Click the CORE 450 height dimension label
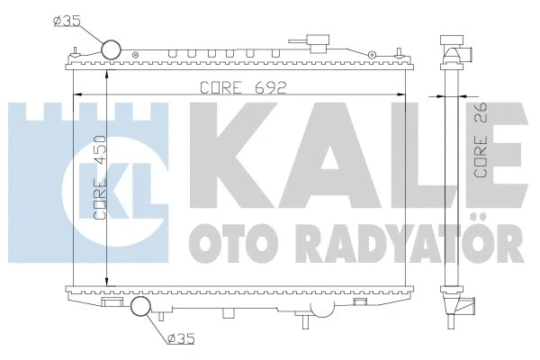(98, 184)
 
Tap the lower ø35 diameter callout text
(182, 339)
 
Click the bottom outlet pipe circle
(143, 309)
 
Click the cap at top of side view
(453, 44)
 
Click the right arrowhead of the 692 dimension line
(401, 94)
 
